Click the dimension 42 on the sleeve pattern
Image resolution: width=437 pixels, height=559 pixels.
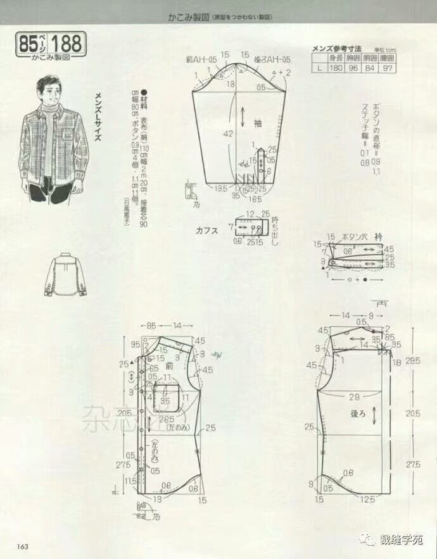(x=229, y=133)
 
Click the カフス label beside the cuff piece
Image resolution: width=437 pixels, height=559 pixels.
(x=208, y=231)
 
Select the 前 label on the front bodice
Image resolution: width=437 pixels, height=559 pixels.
(x=169, y=365)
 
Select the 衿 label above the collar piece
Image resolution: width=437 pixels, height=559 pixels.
(x=378, y=236)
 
